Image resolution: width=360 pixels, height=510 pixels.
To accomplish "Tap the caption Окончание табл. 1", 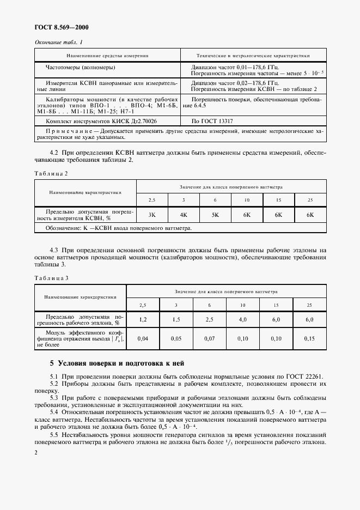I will (59, 42).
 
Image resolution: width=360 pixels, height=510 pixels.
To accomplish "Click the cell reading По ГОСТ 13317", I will (212, 121).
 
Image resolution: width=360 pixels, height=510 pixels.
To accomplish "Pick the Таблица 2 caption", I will (51, 173).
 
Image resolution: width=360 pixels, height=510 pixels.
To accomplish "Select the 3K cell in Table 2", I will (152, 215).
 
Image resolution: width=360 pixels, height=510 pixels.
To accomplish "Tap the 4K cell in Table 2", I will (184, 215).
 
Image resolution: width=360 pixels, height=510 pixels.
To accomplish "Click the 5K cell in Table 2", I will (215, 215).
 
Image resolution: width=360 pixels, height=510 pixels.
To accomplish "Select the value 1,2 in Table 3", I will (143, 319).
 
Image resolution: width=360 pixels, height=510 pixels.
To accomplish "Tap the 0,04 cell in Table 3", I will (143, 338).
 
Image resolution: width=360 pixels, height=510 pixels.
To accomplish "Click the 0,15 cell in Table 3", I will (309, 338).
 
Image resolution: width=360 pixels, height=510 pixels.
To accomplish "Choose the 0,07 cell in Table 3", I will (209, 338).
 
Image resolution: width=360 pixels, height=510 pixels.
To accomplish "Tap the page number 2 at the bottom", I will (36, 452).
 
